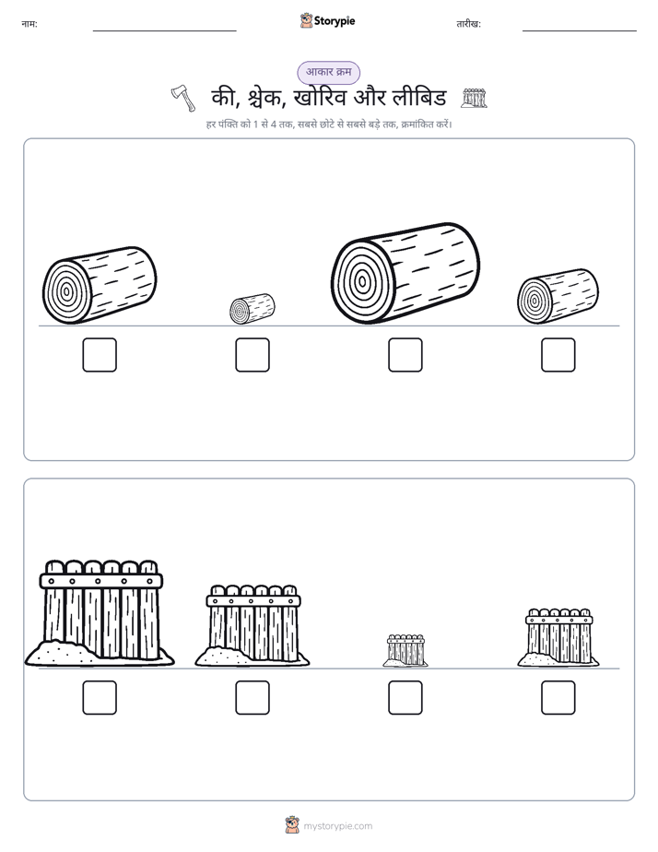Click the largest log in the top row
point(405,273)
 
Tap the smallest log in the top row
point(252,309)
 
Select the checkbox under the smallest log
point(253,355)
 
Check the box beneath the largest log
point(405,355)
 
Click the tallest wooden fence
point(100,612)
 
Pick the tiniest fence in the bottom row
point(405,650)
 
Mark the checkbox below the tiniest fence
point(405,698)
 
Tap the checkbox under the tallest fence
point(100,698)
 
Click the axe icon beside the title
point(183,99)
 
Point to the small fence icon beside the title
point(474,98)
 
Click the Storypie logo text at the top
point(335,20)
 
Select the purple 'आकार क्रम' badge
point(328,72)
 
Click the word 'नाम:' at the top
point(29,24)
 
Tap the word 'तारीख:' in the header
point(468,24)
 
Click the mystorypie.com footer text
point(337,826)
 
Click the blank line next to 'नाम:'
point(164,31)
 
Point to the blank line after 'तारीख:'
point(580,31)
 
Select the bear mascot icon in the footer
point(292,825)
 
